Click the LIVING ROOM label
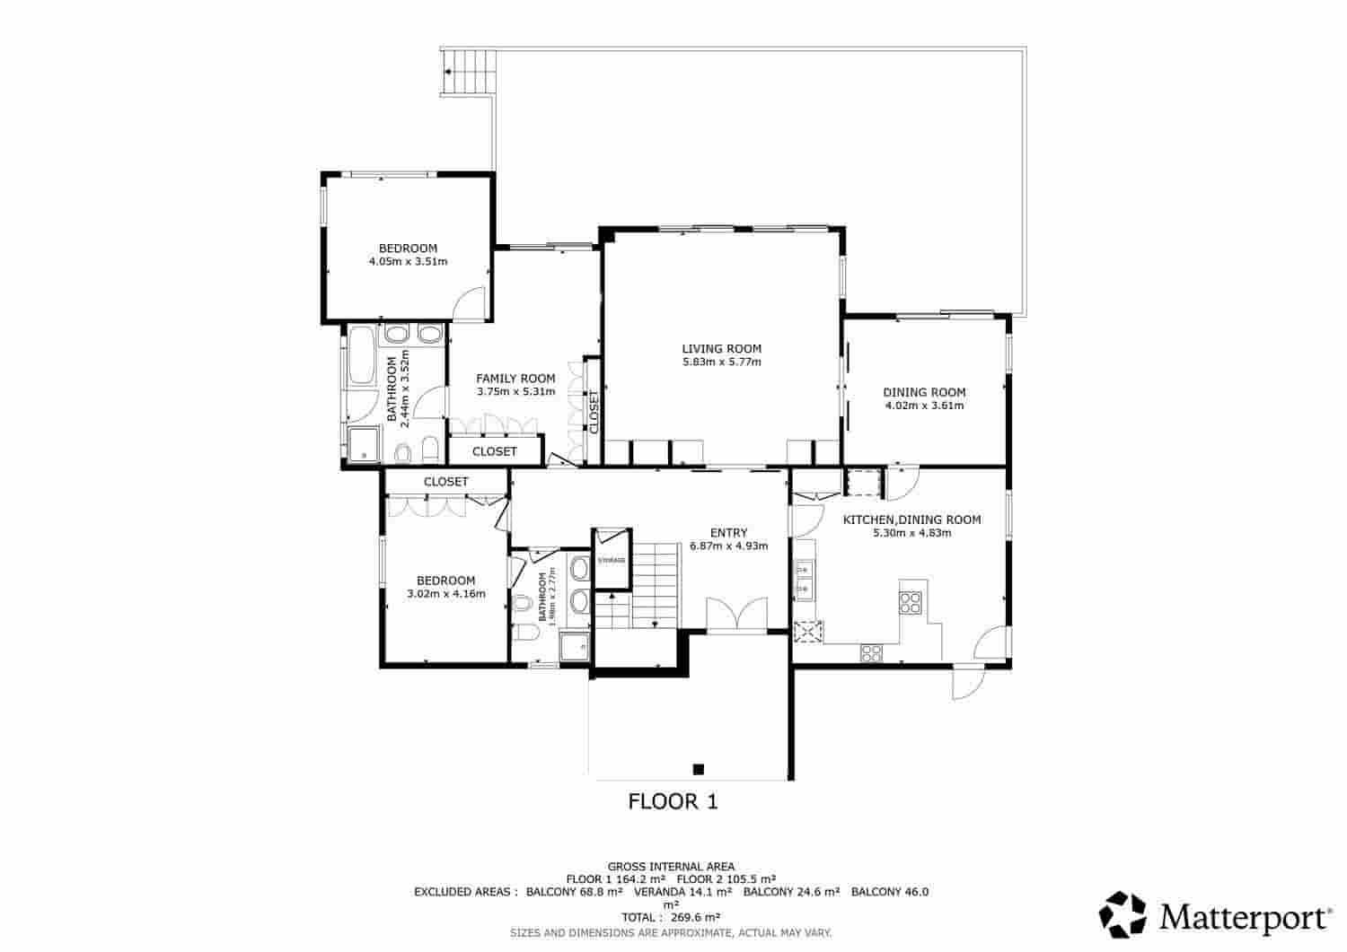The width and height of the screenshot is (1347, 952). [x=721, y=348]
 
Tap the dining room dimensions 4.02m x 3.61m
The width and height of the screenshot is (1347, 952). [x=924, y=406]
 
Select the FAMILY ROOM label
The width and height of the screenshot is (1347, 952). [x=515, y=379]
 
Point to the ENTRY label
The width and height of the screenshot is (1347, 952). [x=728, y=532]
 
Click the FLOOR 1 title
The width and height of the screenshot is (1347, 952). [x=673, y=801]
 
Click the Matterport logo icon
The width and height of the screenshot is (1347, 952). [x=1123, y=914]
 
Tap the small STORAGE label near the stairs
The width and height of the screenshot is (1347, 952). [x=612, y=560]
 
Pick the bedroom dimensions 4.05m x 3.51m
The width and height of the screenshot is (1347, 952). [x=408, y=262]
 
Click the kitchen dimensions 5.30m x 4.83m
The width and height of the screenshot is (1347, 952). [x=911, y=533]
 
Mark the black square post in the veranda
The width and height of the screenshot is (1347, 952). [x=698, y=768]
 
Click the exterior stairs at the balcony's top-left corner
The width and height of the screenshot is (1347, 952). [x=470, y=69]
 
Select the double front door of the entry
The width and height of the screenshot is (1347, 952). [x=736, y=616]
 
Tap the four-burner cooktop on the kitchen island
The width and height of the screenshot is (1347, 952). [x=911, y=601]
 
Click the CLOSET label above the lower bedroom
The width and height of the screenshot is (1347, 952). [x=445, y=482]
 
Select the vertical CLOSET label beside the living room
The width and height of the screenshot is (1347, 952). [x=594, y=413]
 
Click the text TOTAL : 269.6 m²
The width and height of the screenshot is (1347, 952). [x=673, y=917]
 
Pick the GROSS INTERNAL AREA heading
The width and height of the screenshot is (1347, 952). [x=671, y=866]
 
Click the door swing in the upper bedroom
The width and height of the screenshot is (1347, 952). [x=471, y=305]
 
